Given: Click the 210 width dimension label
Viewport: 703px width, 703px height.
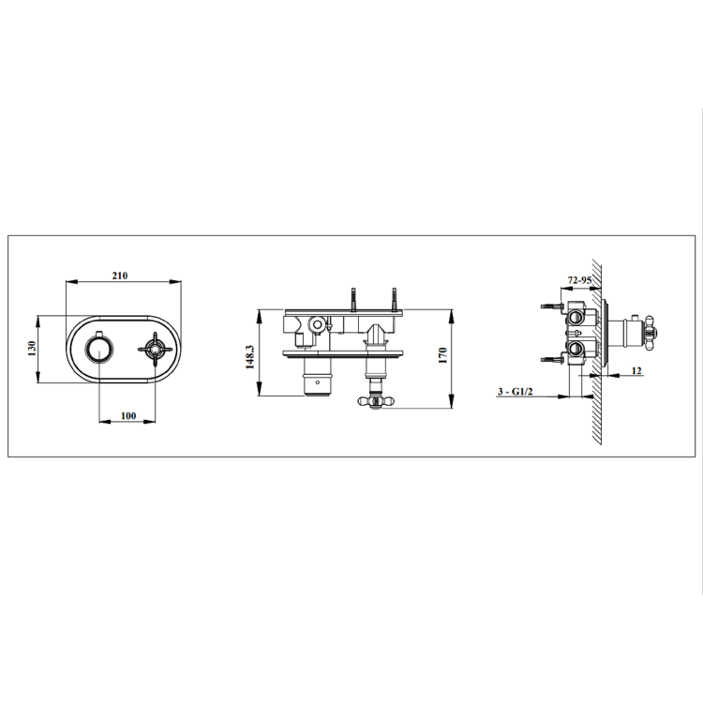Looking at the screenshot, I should click(x=119, y=276).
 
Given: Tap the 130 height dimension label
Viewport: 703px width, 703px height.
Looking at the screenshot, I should click(x=32, y=348).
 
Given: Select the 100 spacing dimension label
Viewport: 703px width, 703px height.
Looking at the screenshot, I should click(x=128, y=416).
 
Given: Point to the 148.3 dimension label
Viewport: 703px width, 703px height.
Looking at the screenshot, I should click(x=250, y=356).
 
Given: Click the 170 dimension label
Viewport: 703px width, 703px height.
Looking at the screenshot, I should click(x=443, y=356).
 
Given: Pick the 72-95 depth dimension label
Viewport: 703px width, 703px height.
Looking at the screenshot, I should click(x=579, y=280).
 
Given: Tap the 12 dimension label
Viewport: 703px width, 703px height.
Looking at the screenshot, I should click(x=636, y=372).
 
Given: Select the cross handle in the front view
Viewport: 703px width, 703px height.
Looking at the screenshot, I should click(x=152, y=350).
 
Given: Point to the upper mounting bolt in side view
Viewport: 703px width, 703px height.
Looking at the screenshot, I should click(x=551, y=306).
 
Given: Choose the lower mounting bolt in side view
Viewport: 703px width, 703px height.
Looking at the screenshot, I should click(x=551, y=356).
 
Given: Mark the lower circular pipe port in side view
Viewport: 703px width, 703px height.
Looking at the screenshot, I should click(x=576, y=351).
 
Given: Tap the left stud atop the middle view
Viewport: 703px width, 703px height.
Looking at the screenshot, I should click(x=355, y=298).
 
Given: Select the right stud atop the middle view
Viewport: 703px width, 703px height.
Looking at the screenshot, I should click(x=395, y=298).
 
